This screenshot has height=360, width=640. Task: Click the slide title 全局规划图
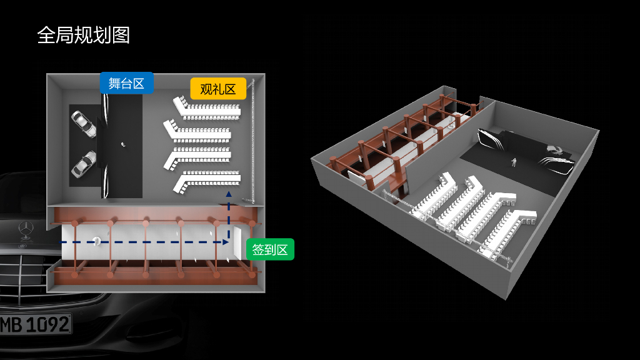[84, 35]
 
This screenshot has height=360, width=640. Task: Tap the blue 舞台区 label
[126, 83]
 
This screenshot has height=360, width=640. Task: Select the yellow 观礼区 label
[218, 89]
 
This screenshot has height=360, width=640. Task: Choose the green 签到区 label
[269, 250]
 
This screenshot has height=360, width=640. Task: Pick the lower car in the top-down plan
[84, 163]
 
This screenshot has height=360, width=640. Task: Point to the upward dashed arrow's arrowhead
[228, 195]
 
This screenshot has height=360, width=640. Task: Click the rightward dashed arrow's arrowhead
[226, 241]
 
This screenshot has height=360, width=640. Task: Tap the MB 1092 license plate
[35, 325]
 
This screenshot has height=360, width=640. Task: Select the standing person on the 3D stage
[514, 162]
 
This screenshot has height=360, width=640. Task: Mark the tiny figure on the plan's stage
[122, 144]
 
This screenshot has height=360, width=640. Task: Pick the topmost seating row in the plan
[206, 108]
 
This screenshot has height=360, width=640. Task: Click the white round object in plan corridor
[96, 241]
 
